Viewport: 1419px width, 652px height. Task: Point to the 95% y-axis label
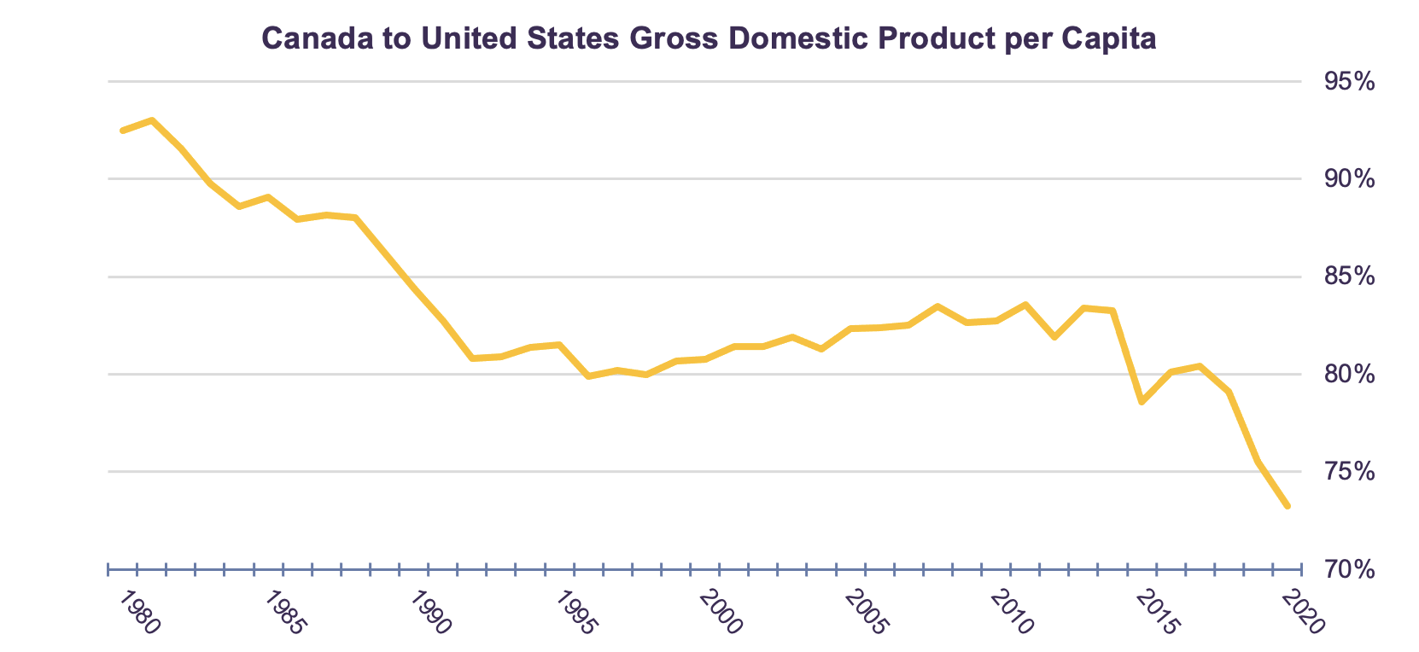click(1349, 82)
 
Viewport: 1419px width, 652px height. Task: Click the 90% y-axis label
click(1349, 179)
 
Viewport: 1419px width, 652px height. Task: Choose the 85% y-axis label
click(1349, 277)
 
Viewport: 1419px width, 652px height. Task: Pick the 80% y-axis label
click(1349, 375)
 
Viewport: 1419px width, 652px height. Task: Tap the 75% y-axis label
click(1349, 472)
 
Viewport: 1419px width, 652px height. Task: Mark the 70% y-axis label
click(1349, 569)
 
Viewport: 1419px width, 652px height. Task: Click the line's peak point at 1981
click(151, 120)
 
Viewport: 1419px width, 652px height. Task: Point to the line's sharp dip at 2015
click(1142, 402)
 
